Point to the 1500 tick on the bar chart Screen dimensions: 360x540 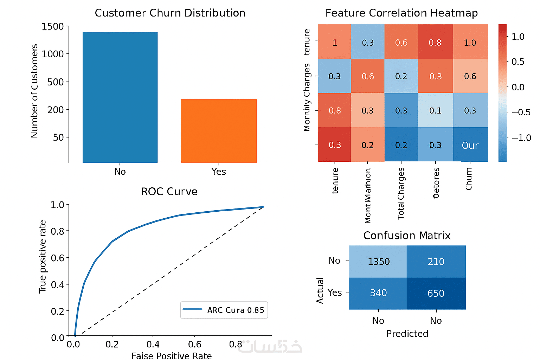tap(53, 27)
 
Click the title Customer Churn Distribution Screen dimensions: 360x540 tap(170, 13)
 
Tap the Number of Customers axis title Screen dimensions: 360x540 tap(34, 91)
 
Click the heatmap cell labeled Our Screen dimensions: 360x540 tap(470, 145)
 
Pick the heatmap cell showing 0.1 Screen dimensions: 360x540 tap(435, 111)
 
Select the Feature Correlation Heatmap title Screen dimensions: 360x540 tap(401, 13)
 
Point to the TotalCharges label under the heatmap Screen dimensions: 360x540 tap(401, 193)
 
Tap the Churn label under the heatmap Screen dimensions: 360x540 tap(469, 179)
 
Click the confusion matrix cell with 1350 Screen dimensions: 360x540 tap(378, 262)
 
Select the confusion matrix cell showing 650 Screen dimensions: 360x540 tap(436, 293)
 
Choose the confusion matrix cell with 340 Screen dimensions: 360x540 tap(378, 293)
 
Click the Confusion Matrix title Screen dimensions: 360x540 tap(407, 236)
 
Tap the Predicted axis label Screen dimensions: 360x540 tap(407, 334)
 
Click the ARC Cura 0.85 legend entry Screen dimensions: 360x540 tap(224, 310)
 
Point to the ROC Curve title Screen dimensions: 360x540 tap(169, 192)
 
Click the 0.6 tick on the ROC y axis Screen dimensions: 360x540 tap(58, 258)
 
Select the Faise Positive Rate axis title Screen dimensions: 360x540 tap(172, 356)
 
